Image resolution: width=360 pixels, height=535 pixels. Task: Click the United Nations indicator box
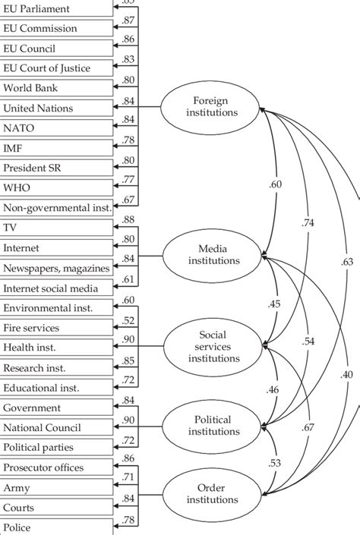point(57,109)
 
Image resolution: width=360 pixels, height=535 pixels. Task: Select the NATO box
point(57,128)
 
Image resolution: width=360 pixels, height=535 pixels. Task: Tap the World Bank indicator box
point(57,88)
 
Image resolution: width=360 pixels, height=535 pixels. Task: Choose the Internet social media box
point(57,288)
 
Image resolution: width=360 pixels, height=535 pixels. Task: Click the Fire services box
point(57,328)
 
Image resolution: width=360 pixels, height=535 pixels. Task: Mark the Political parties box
point(57,447)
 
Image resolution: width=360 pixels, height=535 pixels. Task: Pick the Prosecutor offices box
point(57,467)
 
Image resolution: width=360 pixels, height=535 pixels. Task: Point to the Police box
point(57,527)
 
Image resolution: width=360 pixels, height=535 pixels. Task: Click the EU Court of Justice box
point(57,68)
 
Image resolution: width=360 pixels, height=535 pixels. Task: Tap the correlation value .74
point(308,223)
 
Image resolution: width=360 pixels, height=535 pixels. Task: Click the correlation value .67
point(308,428)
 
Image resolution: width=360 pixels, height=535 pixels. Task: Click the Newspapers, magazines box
point(57,268)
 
